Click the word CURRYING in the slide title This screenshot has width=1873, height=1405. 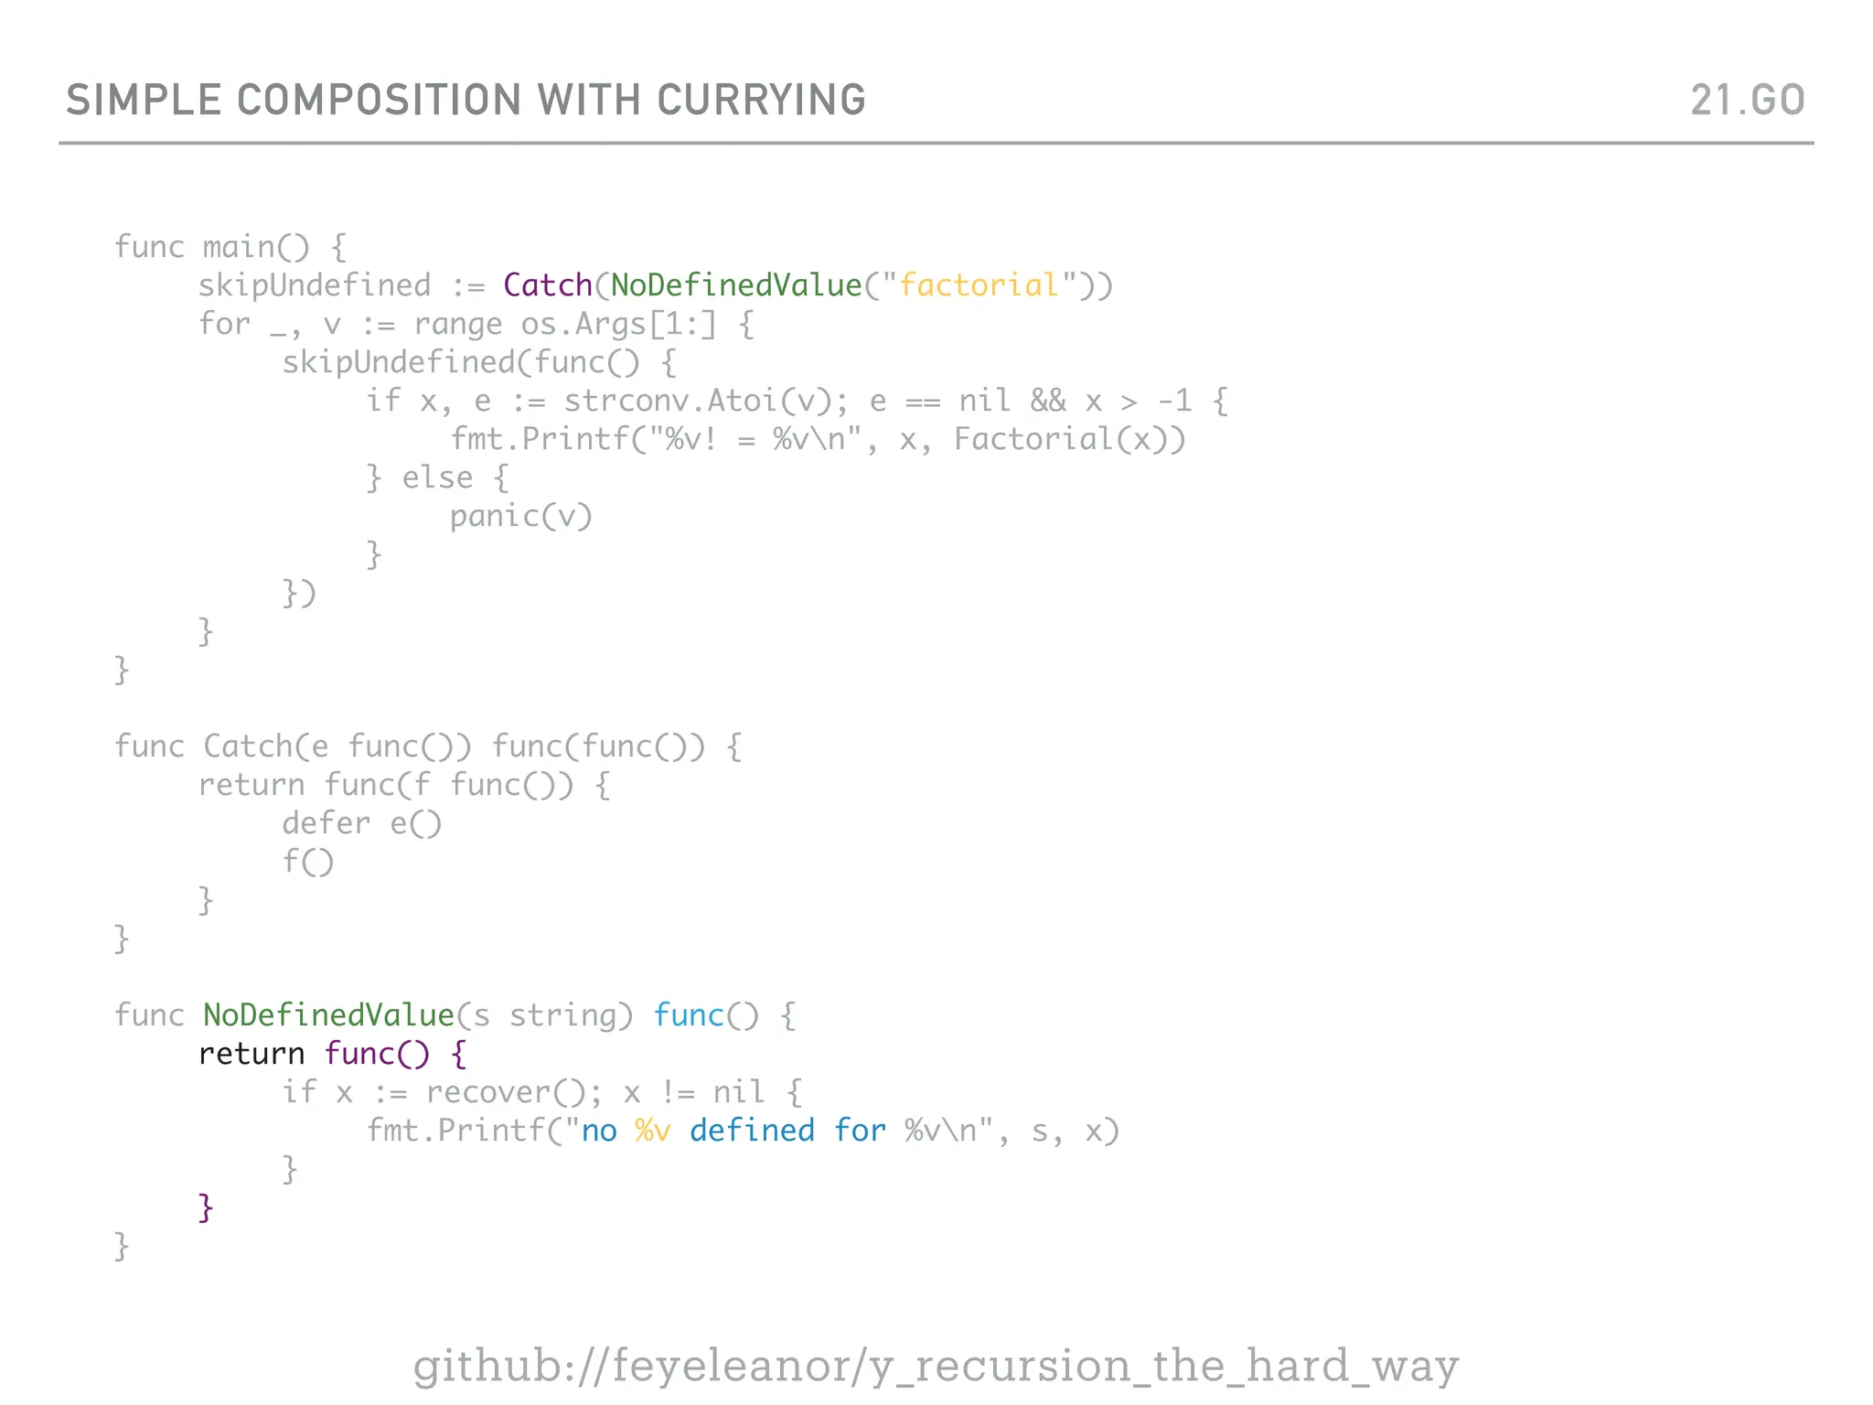761,100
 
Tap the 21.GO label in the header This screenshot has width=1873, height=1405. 1747,100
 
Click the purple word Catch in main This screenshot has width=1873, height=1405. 548,285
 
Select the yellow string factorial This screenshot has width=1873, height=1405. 979,285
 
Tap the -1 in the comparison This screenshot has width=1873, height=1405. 1175,401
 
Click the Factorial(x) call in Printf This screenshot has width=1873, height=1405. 1060,439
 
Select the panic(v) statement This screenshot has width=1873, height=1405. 521,517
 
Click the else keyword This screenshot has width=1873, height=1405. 437,477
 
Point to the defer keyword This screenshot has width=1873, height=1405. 326,823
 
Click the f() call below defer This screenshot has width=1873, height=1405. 308,862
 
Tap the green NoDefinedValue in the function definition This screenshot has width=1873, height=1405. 328,1015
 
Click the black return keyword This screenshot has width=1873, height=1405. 252,1054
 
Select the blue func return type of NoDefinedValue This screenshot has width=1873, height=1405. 689,1015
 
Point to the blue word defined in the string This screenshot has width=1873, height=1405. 752,1131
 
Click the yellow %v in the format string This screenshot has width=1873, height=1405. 653,1131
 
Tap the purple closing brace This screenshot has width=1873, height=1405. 206,1207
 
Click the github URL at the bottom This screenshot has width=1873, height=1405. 936,1366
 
